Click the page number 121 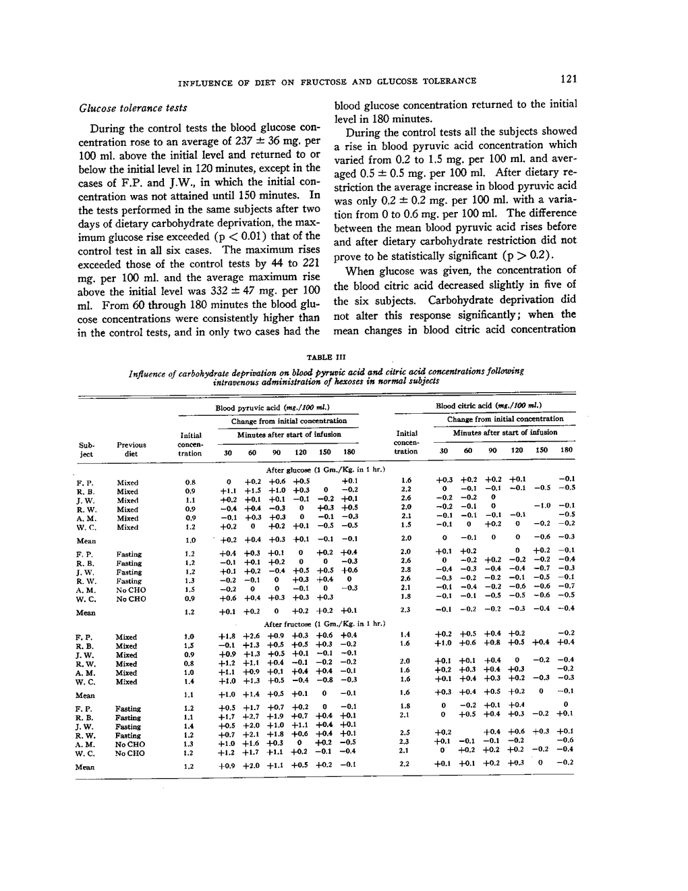[x=569, y=80]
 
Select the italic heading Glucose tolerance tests [x=133, y=108]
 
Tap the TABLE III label [x=326, y=357]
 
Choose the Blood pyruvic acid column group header [x=267, y=408]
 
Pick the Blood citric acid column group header [x=489, y=406]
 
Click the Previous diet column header [x=131, y=449]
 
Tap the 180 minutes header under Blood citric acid [x=567, y=450]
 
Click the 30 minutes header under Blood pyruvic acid [x=228, y=453]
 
